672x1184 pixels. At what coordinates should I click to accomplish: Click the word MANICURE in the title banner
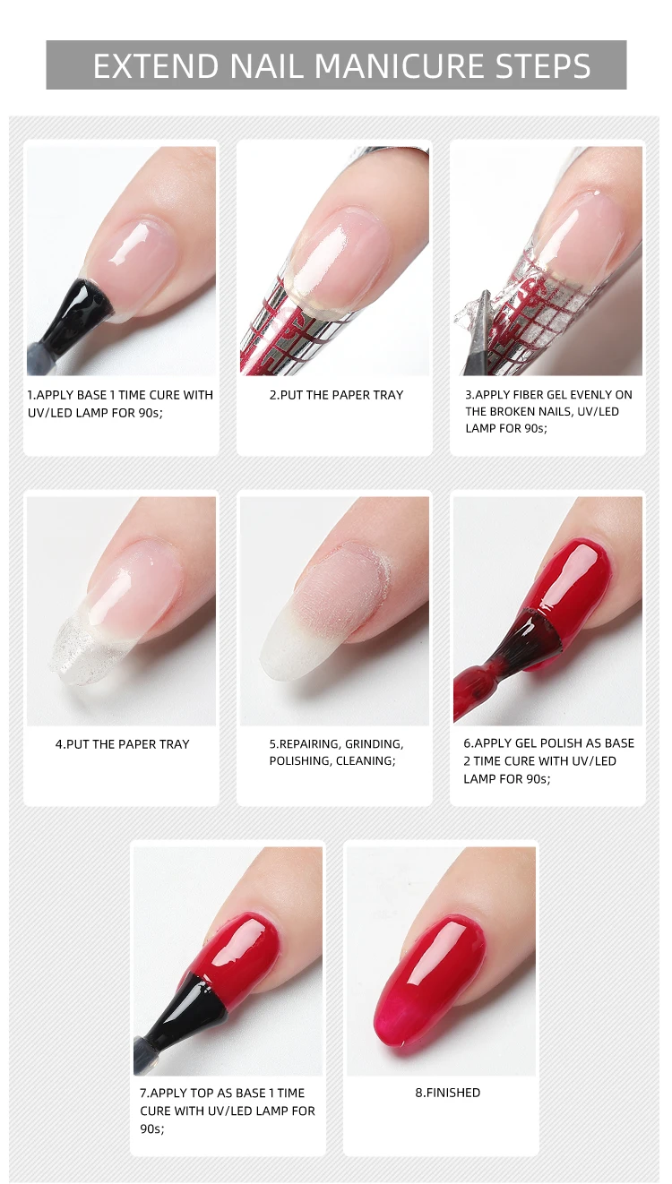401,66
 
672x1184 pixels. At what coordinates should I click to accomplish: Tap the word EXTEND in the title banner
155,66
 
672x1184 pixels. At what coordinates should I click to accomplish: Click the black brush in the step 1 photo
74,317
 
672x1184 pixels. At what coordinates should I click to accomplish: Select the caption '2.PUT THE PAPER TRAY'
336,395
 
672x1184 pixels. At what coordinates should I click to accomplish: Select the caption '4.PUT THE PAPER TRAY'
122,744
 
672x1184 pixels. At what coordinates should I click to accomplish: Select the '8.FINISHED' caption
447,1093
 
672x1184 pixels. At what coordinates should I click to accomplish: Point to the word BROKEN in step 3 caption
513,411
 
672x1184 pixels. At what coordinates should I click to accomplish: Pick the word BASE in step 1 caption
91,395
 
